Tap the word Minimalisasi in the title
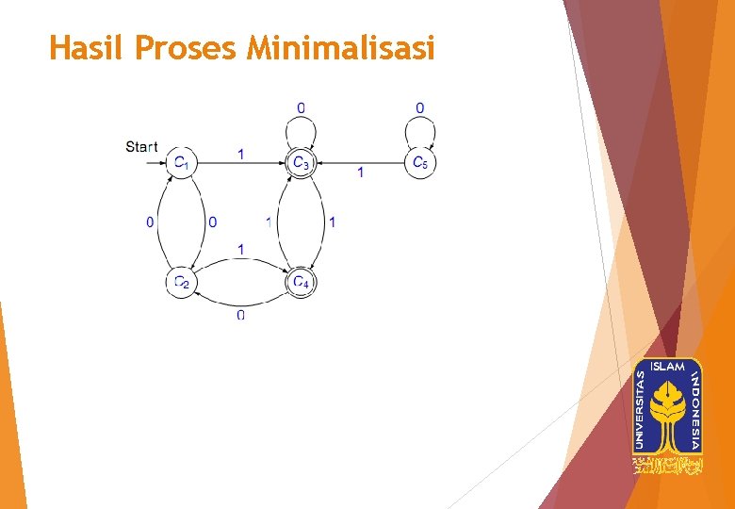point(340,47)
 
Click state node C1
point(182,163)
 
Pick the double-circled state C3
point(301,163)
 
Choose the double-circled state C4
point(301,282)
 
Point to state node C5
point(419,163)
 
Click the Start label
point(141,146)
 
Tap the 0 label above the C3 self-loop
point(301,107)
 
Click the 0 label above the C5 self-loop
point(419,107)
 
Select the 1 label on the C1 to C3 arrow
point(241,154)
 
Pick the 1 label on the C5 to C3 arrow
point(360,173)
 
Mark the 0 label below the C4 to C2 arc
point(241,314)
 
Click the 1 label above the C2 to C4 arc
point(241,249)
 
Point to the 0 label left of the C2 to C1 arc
point(149,222)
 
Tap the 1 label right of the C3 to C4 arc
point(332,222)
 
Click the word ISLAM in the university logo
point(668,366)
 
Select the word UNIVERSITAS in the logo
point(642,408)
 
